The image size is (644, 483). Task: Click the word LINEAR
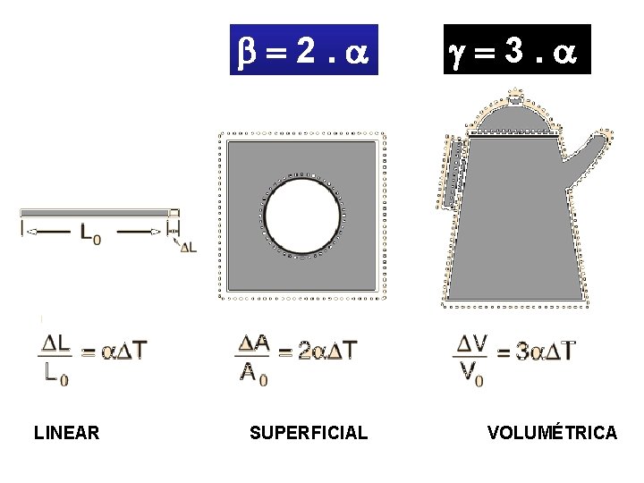tap(66, 433)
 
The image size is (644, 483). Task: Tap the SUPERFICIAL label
tap(309, 433)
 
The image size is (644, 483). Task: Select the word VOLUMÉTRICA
tap(552, 432)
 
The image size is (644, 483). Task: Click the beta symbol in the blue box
tap(247, 53)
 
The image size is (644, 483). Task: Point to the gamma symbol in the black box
tap(457, 55)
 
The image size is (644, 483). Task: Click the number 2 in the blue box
tap(306, 51)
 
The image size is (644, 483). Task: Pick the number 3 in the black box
tap(514, 50)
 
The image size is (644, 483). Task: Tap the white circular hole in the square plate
tap(302, 216)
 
